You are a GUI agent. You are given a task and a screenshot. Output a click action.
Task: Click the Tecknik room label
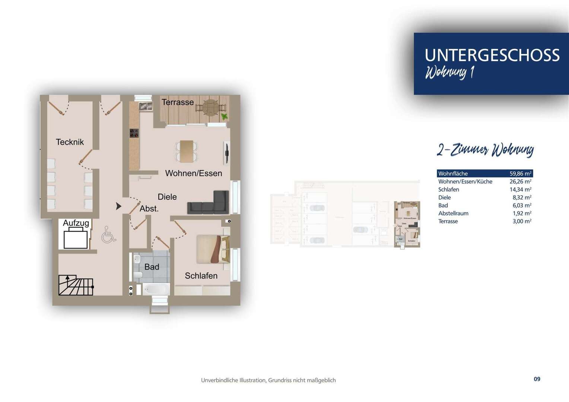click(x=70, y=142)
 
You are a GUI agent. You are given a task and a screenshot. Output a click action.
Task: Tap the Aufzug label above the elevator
click(x=76, y=223)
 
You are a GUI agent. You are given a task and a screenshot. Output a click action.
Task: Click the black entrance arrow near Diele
click(x=118, y=206)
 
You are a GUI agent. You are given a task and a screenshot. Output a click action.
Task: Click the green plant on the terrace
click(x=224, y=117)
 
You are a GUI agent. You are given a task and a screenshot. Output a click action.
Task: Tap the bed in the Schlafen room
click(x=213, y=249)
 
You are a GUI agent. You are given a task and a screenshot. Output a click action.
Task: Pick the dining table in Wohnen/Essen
click(x=187, y=151)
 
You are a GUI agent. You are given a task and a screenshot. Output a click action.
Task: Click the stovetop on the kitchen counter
click(x=134, y=133)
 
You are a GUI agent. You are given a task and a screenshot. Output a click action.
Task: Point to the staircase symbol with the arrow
click(x=76, y=285)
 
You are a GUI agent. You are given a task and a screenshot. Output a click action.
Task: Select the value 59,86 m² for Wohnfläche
click(x=520, y=173)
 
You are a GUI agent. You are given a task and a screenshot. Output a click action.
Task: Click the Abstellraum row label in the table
click(x=453, y=213)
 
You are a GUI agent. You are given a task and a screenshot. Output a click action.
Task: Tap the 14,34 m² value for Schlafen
click(x=520, y=189)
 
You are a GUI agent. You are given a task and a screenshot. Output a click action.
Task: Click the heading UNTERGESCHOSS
click(x=492, y=55)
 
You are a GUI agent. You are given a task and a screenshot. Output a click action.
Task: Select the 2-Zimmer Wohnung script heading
click(x=485, y=150)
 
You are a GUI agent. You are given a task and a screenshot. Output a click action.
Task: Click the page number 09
click(x=537, y=379)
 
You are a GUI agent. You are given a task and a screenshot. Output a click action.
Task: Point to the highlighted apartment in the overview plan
click(x=407, y=224)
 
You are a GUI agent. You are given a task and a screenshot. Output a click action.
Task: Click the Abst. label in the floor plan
click(x=149, y=209)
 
